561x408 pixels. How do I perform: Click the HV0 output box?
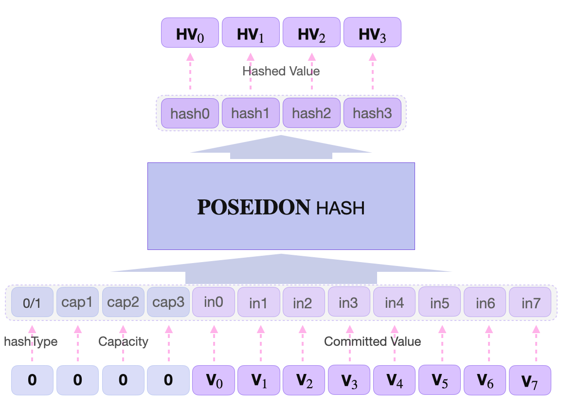(190, 33)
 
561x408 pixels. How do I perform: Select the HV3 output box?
(372, 33)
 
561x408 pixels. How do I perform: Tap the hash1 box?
(250, 113)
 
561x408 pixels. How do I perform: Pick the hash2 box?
(311, 113)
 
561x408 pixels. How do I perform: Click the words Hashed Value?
(281, 71)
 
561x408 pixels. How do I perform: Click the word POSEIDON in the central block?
(253, 208)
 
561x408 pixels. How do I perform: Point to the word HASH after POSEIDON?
(340, 209)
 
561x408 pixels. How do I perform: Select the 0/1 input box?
(32, 302)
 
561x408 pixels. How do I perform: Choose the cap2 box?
(123, 302)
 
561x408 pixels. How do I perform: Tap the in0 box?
(214, 302)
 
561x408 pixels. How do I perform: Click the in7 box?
(531, 303)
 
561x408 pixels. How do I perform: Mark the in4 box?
(394, 302)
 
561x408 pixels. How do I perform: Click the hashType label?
(31, 341)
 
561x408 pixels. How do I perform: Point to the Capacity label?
(123, 341)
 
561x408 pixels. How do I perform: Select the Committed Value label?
(372, 341)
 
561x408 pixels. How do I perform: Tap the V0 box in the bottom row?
(214, 380)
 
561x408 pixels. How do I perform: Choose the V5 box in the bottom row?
(440, 380)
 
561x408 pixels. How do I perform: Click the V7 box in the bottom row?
(530, 380)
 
